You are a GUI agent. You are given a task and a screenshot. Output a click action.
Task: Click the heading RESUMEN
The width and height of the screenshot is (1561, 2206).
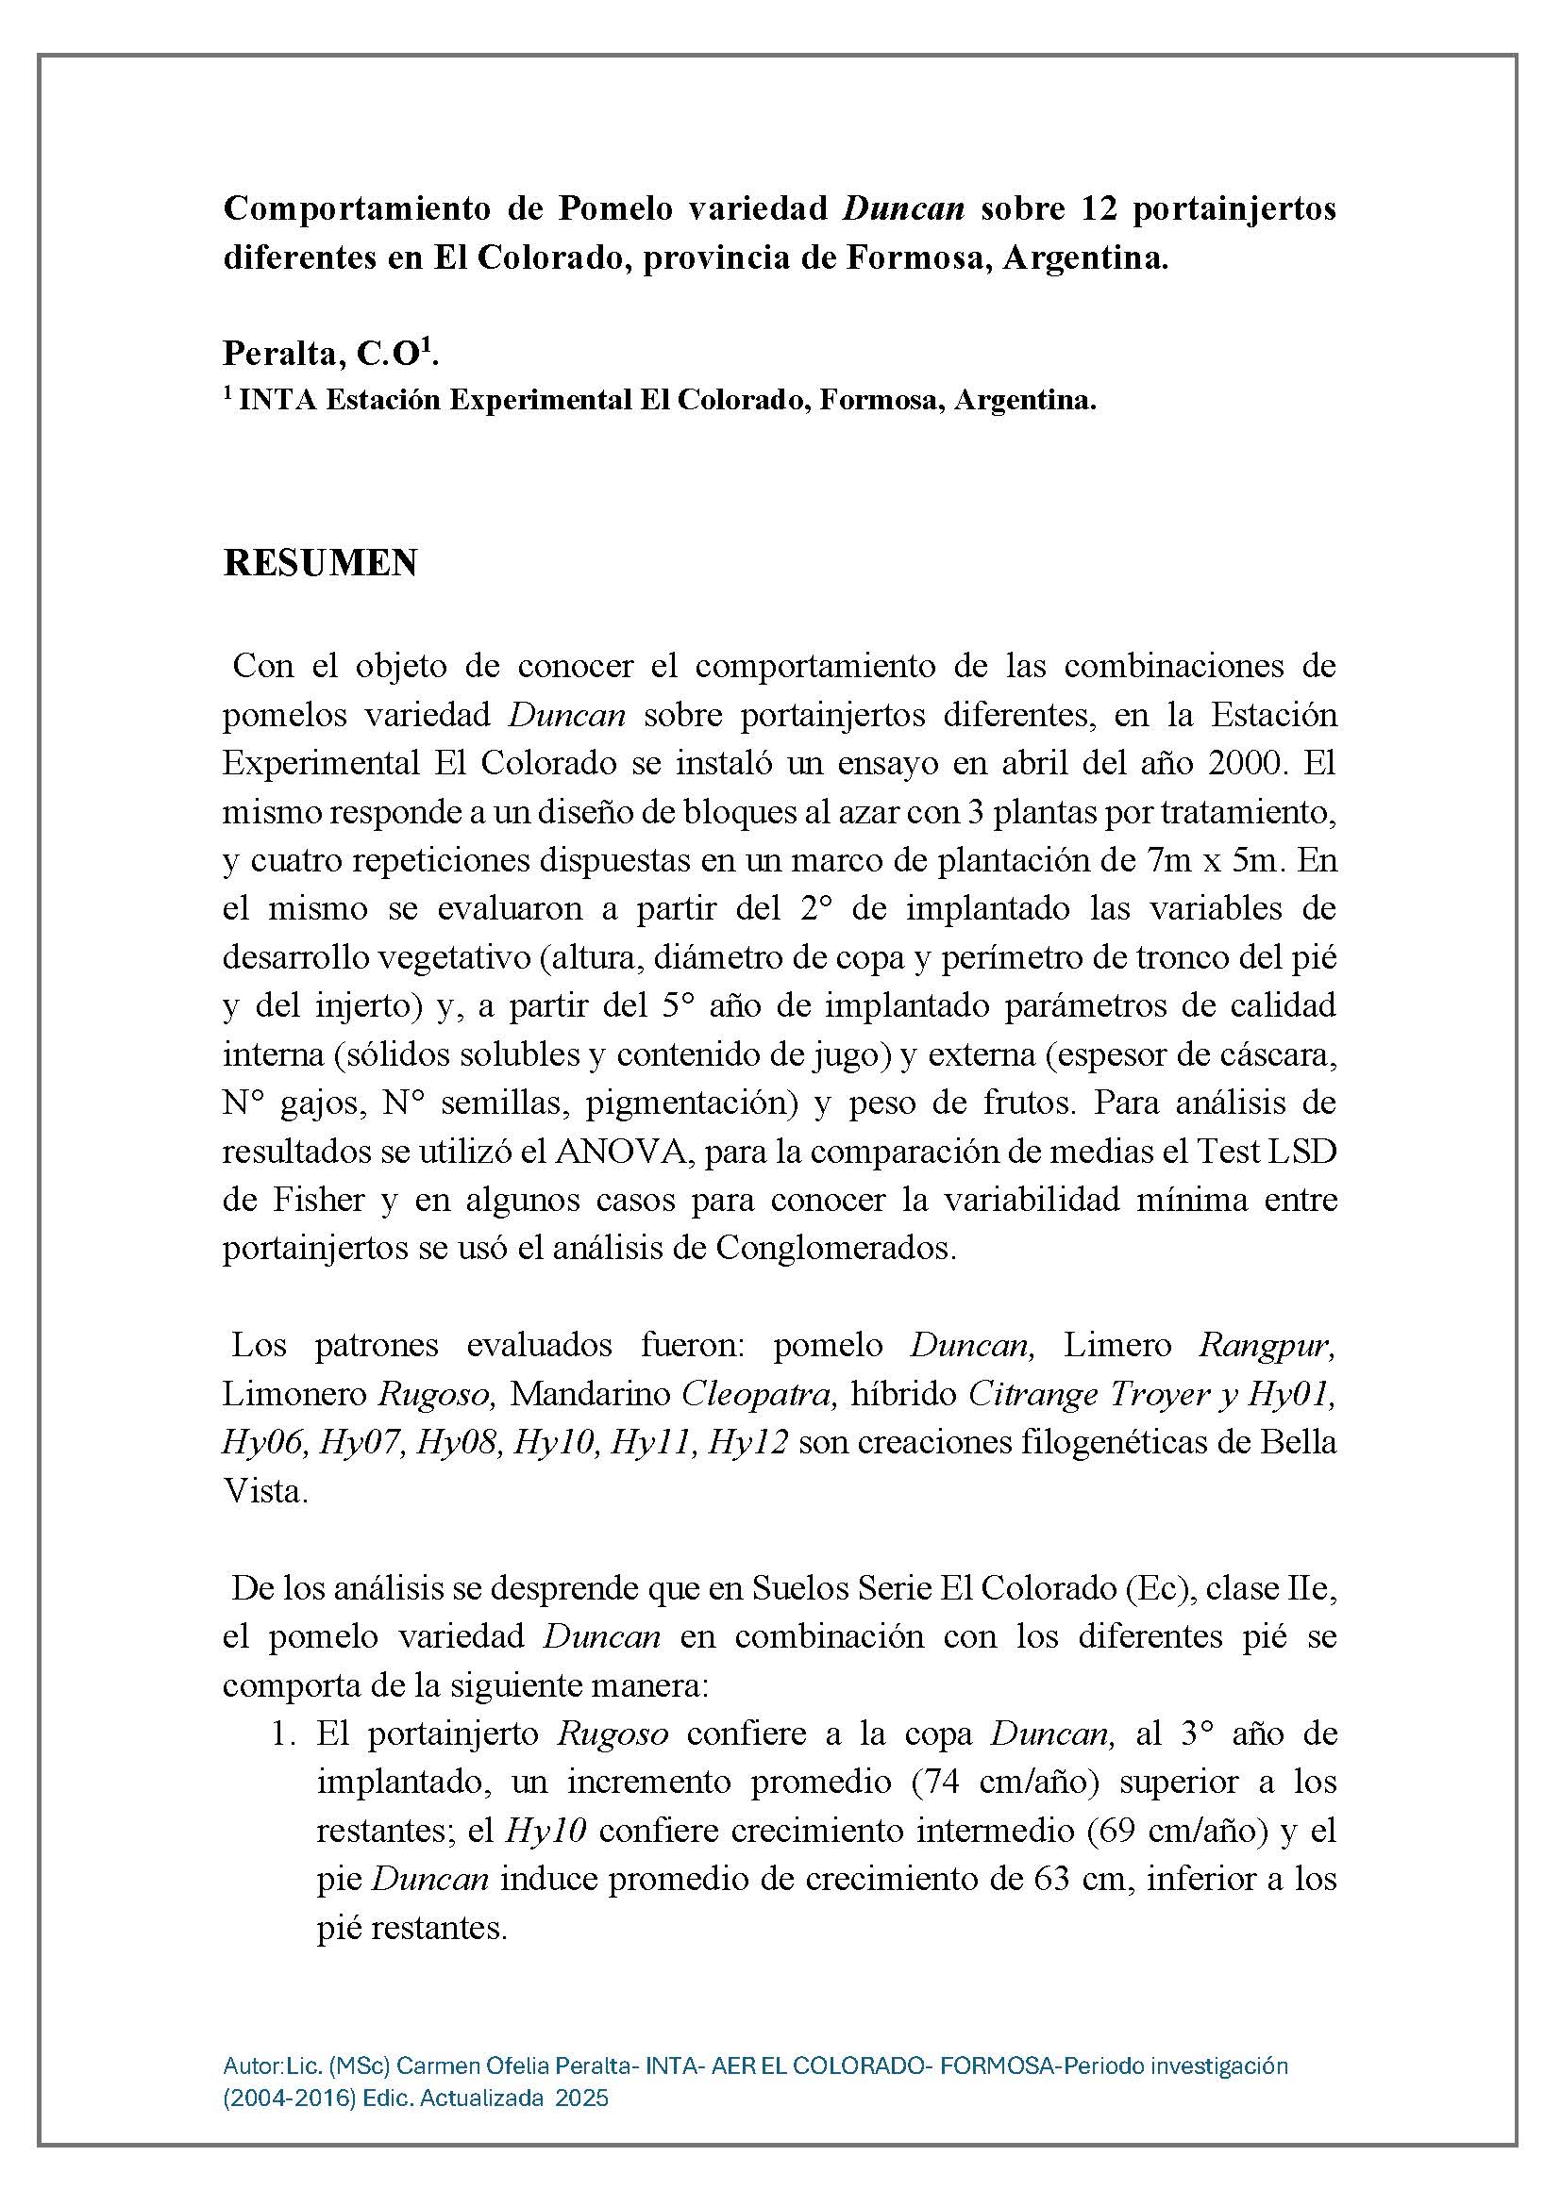pos(320,564)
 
